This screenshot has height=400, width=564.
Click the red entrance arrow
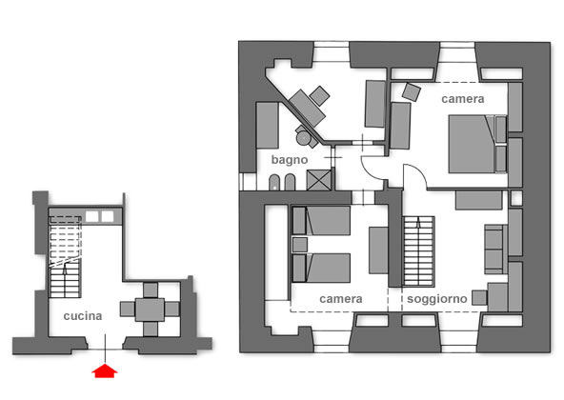click(x=105, y=370)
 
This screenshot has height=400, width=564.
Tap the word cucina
click(x=83, y=316)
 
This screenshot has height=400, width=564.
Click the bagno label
click(x=290, y=160)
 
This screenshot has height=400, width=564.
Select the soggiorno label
click(x=437, y=298)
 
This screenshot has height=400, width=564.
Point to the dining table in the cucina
click(x=150, y=310)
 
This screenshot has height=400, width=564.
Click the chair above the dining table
click(x=151, y=290)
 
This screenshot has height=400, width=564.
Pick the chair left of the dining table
click(x=128, y=309)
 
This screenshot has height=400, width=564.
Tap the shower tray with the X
click(x=319, y=180)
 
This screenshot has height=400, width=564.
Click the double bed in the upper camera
click(x=477, y=144)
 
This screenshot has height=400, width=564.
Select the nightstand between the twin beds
click(x=299, y=245)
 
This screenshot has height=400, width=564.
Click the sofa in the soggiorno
click(x=495, y=250)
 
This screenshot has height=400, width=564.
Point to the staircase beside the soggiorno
click(x=418, y=251)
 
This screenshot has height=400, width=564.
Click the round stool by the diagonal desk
click(x=304, y=138)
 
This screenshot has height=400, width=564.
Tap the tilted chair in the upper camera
click(x=412, y=91)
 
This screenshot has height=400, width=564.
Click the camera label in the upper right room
click(x=463, y=99)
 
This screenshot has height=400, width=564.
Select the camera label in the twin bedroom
click(x=341, y=299)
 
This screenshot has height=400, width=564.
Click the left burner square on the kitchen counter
click(x=91, y=216)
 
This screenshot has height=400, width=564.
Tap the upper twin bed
click(x=321, y=221)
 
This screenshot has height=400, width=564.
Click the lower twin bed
click(x=321, y=268)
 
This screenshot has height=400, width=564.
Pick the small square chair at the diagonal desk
click(x=319, y=95)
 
